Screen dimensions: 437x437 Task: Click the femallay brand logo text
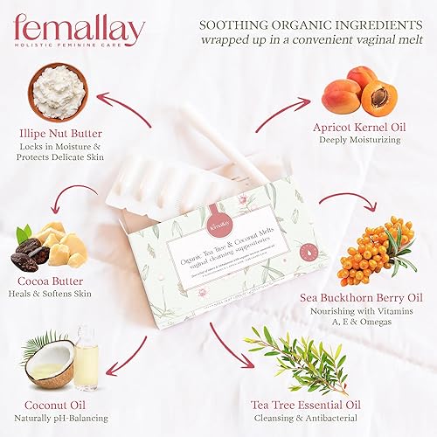click(78, 30)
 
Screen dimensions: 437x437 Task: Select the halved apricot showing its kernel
click(378, 98)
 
